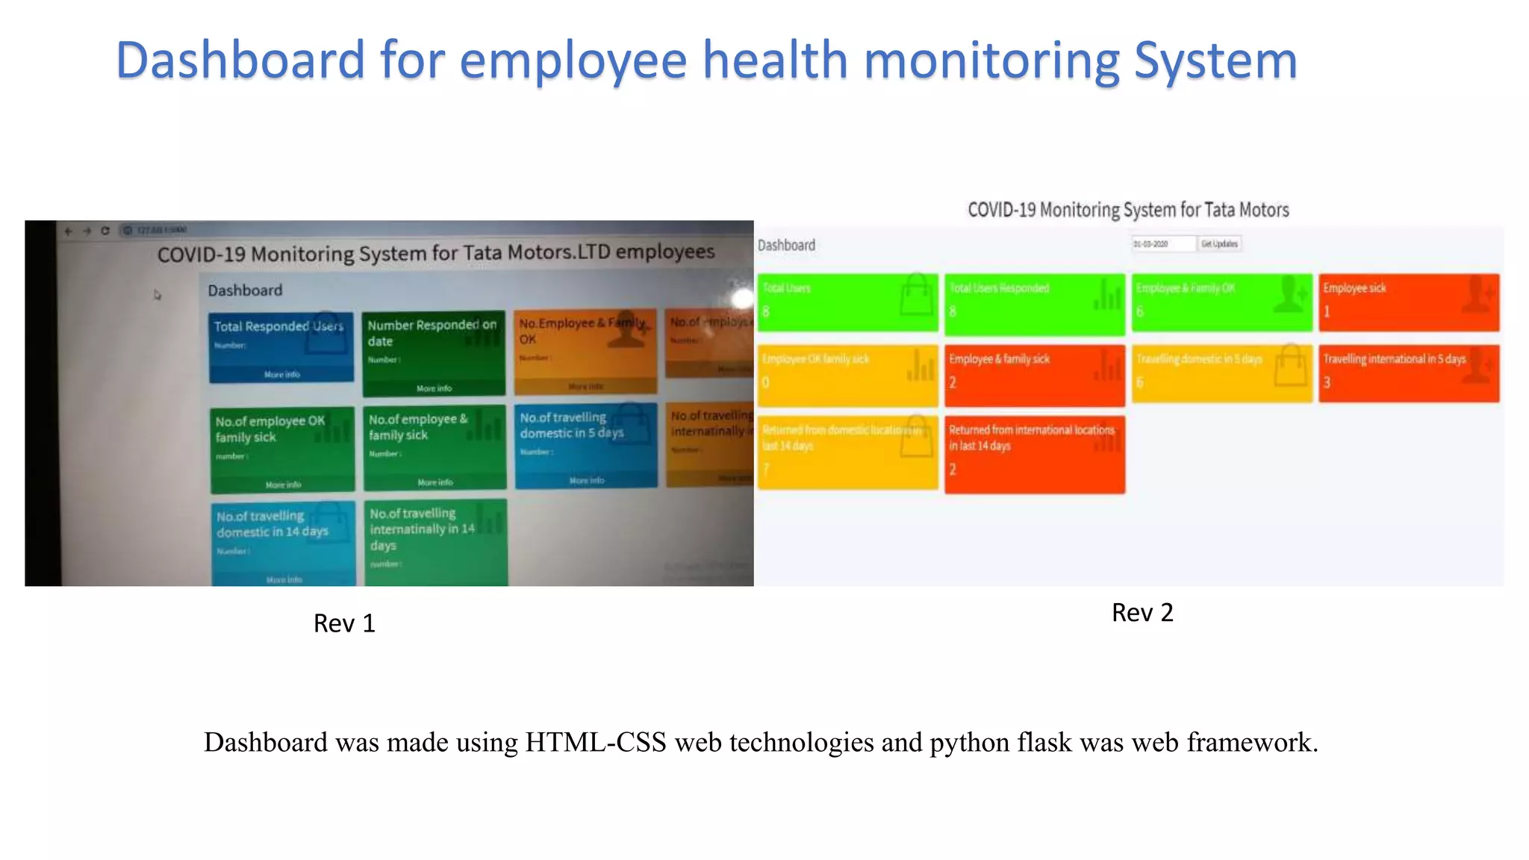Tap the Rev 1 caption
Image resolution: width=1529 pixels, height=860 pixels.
344,623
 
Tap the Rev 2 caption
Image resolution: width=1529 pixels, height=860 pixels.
1142,613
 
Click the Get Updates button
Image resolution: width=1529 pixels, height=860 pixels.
1219,244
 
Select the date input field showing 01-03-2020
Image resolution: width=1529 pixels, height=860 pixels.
1162,244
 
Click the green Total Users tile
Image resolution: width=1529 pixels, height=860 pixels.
847,302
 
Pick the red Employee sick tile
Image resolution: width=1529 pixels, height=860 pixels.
1408,302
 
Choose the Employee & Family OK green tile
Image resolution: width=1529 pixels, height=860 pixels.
1221,302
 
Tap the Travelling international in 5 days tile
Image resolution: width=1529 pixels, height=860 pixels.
1408,373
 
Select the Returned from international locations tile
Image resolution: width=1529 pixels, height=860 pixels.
1034,454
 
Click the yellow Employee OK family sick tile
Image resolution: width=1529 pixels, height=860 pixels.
847,373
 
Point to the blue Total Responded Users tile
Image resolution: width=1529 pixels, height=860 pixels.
281,347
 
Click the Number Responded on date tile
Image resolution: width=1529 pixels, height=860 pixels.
433,352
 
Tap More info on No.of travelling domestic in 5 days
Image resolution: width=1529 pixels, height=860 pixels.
587,481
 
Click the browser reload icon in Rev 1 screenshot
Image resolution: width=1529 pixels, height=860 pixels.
105,231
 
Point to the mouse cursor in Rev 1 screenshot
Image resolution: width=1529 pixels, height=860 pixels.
157,295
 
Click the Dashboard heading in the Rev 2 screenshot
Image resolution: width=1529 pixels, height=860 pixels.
786,246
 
